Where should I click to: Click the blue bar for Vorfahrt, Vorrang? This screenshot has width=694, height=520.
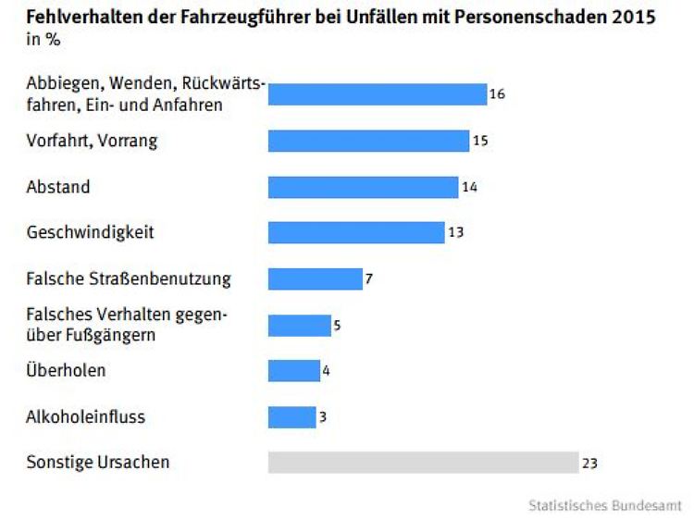(368, 141)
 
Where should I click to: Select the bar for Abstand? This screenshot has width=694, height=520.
(363, 187)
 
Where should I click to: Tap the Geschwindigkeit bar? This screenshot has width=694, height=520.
(356, 232)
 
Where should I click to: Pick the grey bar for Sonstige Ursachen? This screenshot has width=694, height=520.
(422, 462)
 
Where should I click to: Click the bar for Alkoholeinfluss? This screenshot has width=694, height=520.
(291, 417)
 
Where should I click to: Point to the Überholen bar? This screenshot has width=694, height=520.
(294, 371)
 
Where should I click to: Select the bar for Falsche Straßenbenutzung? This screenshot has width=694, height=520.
(315, 279)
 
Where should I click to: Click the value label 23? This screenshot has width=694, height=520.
(590, 462)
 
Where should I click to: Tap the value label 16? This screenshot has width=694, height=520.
(497, 94)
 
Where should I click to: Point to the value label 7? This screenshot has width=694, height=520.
(368, 279)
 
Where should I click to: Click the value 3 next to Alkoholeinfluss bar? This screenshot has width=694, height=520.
(322, 417)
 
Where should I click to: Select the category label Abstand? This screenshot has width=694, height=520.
(58, 187)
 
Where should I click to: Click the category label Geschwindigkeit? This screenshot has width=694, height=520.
(90, 232)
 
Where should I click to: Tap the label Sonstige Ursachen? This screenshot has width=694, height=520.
(97, 462)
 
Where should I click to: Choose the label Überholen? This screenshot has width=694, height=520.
(66, 371)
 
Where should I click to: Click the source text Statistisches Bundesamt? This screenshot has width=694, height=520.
(605, 505)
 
